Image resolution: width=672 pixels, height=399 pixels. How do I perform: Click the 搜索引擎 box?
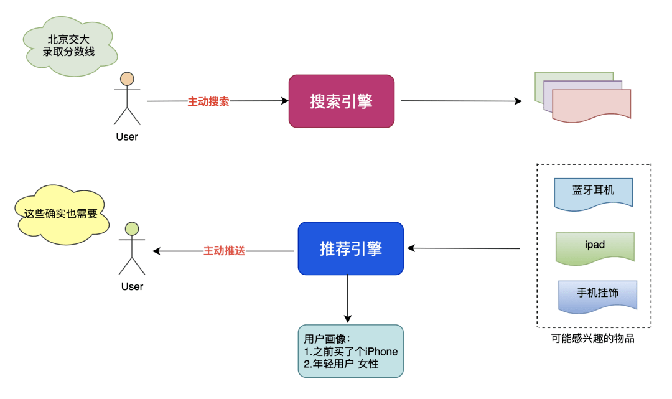click(341, 101)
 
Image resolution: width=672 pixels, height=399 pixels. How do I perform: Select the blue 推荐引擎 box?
click(350, 248)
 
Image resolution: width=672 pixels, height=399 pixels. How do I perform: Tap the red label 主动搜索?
click(208, 101)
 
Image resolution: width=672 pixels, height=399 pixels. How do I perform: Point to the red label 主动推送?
click(224, 251)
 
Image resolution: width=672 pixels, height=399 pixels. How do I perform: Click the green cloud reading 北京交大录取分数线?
click(70, 46)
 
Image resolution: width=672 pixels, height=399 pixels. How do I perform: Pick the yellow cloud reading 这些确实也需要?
click(61, 214)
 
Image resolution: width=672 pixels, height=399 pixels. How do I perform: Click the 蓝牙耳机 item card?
click(594, 194)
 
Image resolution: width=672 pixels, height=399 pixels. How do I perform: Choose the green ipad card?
click(595, 248)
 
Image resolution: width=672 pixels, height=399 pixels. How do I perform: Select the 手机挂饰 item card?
click(597, 296)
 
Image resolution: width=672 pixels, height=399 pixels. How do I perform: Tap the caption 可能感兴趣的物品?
click(593, 339)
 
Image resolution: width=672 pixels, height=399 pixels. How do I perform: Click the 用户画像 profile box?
click(350, 351)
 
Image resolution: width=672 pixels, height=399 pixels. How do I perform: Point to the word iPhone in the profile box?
click(381, 352)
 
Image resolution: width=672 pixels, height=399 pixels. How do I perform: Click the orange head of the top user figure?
click(127, 79)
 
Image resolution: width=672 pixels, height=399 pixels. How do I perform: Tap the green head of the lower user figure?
click(132, 229)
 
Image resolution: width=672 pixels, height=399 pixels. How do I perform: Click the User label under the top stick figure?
click(127, 137)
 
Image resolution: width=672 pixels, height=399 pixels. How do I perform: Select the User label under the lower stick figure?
click(132, 286)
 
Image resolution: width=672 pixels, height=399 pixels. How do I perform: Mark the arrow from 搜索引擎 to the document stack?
click(462, 101)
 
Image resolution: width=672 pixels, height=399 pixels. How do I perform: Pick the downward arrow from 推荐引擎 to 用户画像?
click(348, 299)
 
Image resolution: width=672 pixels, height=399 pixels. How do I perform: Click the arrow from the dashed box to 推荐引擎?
click(464, 248)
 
